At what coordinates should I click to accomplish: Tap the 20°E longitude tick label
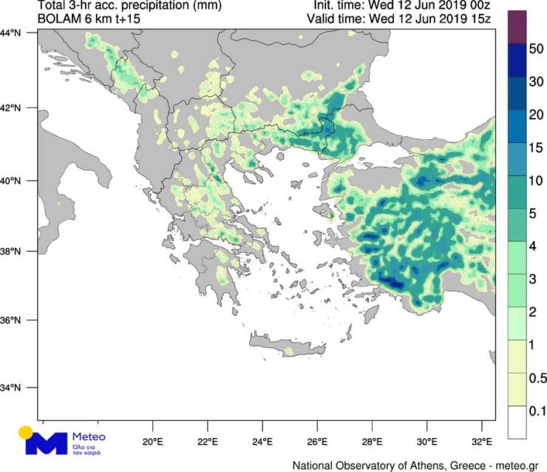coord(153,442)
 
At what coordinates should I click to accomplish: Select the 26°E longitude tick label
coord(317,442)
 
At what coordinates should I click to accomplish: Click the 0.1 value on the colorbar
coord(537,410)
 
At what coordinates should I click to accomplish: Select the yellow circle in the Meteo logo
coord(27,432)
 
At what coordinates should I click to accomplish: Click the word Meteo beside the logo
coord(89,437)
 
